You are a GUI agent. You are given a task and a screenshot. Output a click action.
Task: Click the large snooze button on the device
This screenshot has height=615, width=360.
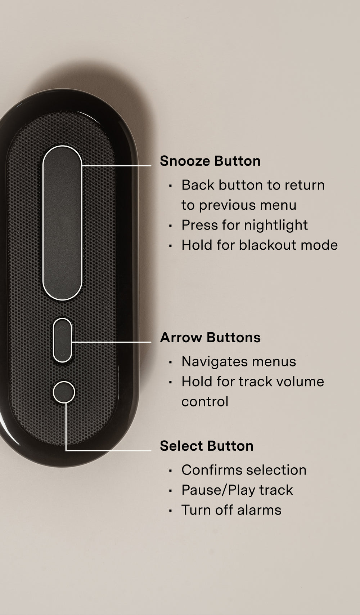click(x=62, y=223)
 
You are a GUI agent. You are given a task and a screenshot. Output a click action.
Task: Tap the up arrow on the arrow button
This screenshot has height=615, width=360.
click(x=62, y=327)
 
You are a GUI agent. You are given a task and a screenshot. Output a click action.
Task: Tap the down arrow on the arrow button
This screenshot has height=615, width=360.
click(x=62, y=355)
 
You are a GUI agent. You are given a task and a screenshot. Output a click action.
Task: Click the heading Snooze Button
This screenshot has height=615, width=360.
click(x=210, y=161)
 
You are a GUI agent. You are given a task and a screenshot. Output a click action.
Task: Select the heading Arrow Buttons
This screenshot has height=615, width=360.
click(x=210, y=338)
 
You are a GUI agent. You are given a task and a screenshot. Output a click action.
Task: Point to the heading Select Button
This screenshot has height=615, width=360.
click(x=207, y=446)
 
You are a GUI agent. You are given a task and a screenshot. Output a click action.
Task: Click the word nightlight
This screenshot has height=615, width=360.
click(x=276, y=226)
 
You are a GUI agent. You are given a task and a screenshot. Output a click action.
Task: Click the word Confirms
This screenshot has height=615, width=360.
click(x=212, y=470)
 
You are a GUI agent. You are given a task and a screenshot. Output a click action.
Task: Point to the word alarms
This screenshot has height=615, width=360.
click(x=259, y=510)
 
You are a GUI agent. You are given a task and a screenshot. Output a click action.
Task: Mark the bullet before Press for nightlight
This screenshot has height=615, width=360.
click(x=170, y=226)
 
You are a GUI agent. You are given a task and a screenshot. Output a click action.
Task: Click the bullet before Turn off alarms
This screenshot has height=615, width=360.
click(x=170, y=511)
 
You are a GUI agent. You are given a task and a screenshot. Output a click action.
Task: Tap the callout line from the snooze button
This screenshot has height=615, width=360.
click(x=117, y=166)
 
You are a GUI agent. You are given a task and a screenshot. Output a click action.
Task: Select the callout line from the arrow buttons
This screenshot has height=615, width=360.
click(x=112, y=342)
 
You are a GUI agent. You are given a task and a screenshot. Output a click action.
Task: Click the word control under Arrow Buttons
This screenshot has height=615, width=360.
click(x=205, y=402)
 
